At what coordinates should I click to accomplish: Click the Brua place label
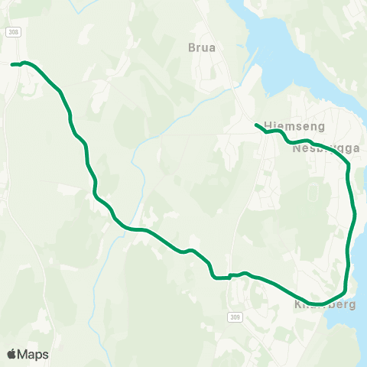click(x=202, y=47)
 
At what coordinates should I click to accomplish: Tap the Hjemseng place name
click(x=284, y=125)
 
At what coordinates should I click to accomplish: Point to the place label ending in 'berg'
click(x=326, y=304)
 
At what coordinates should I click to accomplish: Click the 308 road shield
click(x=13, y=31)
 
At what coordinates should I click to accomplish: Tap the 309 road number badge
click(x=233, y=316)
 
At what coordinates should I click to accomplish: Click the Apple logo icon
click(x=11, y=354)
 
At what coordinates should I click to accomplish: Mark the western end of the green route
click(x=12, y=64)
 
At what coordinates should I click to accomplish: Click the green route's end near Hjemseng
click(x=256, y=125)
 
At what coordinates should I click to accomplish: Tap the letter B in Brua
click(x=192, y=47)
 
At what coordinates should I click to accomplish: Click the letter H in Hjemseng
click(x=266, y=125)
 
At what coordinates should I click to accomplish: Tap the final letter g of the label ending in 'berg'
click(x=352, y=305)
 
